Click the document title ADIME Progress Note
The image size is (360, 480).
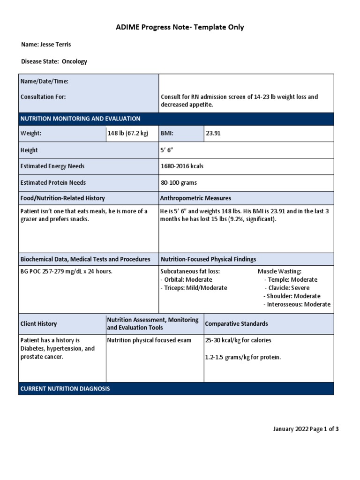[180, 27]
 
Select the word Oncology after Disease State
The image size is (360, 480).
[75, 61]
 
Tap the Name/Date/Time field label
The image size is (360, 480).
[45, 82]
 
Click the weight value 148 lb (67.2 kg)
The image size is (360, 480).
[128, 134]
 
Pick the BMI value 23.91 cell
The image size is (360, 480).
[213, 134]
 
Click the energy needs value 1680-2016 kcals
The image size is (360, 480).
[182, 166]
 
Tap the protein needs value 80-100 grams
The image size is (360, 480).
[179, 183]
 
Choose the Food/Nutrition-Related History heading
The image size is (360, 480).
[63, 198]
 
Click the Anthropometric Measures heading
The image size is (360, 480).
[195, 198]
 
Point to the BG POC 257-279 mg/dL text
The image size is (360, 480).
[67, 271]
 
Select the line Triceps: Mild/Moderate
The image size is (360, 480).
[194, 288]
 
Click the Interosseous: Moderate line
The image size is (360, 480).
[298, 304]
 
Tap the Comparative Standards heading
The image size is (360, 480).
[237, 324]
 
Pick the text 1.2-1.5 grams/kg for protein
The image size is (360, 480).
[243, 357]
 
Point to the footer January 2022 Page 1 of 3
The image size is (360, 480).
[306, 429]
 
